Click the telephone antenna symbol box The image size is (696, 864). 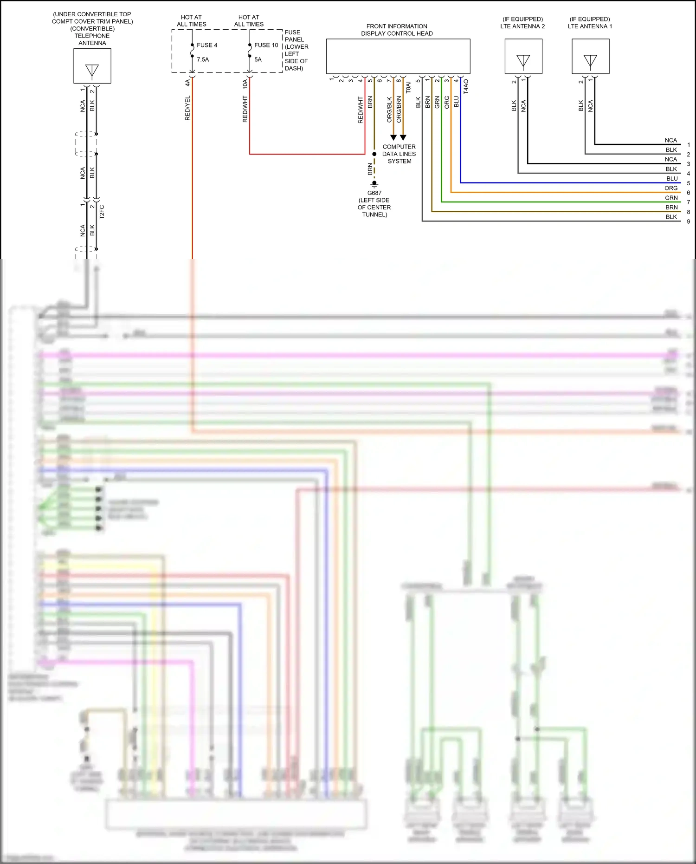[92, 66]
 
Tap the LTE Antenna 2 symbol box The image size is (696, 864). [523, 57]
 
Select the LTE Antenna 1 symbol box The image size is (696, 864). [590, 57]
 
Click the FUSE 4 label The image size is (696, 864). [206, 45]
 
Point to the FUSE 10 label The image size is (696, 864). [266, 45]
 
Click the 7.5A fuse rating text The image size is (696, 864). [203, 59]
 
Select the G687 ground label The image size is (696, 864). [374, 193]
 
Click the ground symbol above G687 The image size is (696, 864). [374, 184]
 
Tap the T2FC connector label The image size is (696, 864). [102, 212]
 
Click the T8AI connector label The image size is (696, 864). [408, 88]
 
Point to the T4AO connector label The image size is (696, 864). [466, 86]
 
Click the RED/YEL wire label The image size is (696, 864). [187, 108]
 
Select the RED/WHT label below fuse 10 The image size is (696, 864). [245, 110]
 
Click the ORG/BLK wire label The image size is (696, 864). [389, 110]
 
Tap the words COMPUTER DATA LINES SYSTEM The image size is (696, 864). [399, 154]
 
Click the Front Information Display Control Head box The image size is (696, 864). [398, 56]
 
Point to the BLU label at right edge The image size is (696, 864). [672, 179]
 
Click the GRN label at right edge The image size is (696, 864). [671, 198]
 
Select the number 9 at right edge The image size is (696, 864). [688, 221]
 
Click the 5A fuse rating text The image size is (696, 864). [258, 59]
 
